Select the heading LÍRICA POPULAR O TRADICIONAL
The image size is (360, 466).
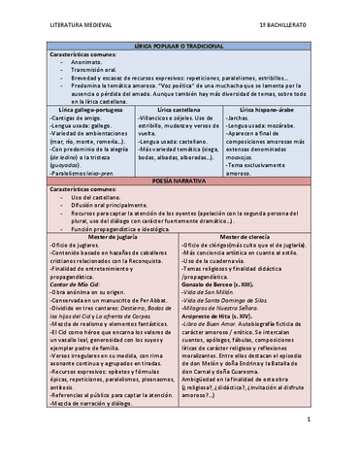(x=180, y=47)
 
